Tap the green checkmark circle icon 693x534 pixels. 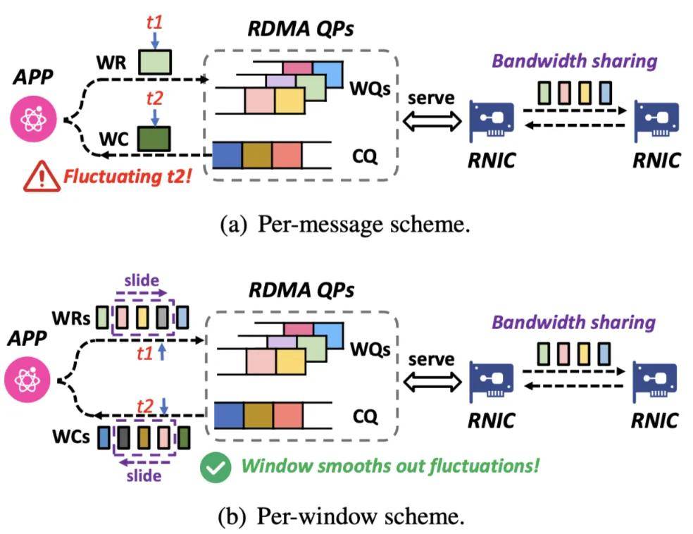point(213,466)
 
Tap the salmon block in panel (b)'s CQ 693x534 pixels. point(287,415)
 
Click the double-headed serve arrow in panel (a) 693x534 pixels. point(430,120)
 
